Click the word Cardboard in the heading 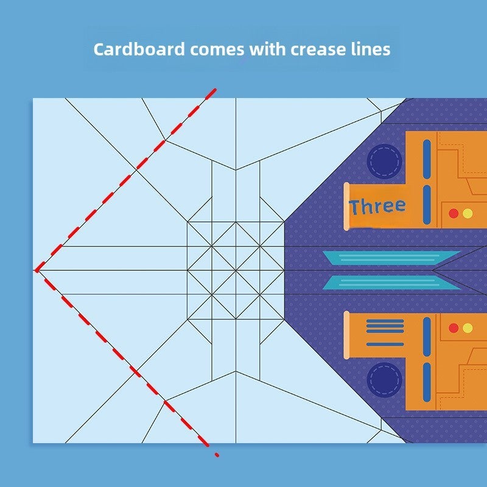point(139,49)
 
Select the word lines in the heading point(371,49)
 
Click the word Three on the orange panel point(377,206)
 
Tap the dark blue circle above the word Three point(385,161)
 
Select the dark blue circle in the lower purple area point(385,380)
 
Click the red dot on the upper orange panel point(454,214)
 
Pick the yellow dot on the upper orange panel point(468,214)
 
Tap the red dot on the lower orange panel point(454,328)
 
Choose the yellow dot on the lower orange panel point(468,328)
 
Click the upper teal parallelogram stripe point(391,258)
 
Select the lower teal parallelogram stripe point(391,282)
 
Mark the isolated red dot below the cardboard point(217,455)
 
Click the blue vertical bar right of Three point(427,205)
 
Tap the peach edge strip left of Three point(346,206)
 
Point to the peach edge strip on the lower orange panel point(346,335)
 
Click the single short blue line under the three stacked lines point(385,344)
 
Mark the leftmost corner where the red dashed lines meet point(37,271)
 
